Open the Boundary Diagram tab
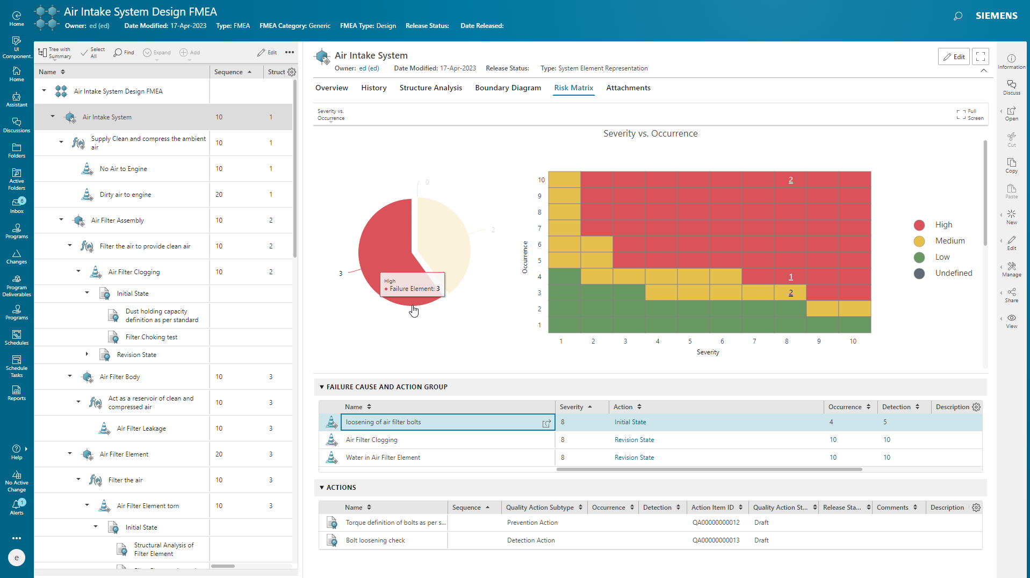(508, 88)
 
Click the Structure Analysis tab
(430, 88)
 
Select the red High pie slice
(381, 253)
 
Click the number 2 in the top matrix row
(790, 180)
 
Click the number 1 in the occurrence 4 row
(790, 277)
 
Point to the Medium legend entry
(949, 241)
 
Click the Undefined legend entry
(953, 273)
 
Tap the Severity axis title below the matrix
(708, 352)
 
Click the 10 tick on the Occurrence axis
(541, 180)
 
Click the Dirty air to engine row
(125, 195)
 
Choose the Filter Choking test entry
(152, 337)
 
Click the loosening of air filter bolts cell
(383, 422)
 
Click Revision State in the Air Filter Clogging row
(634, 440)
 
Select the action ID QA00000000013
(716, 540)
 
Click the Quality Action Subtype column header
(539, 508)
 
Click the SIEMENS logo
(996, 16)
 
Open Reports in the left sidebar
(17, 393)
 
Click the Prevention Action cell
(532, 523)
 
